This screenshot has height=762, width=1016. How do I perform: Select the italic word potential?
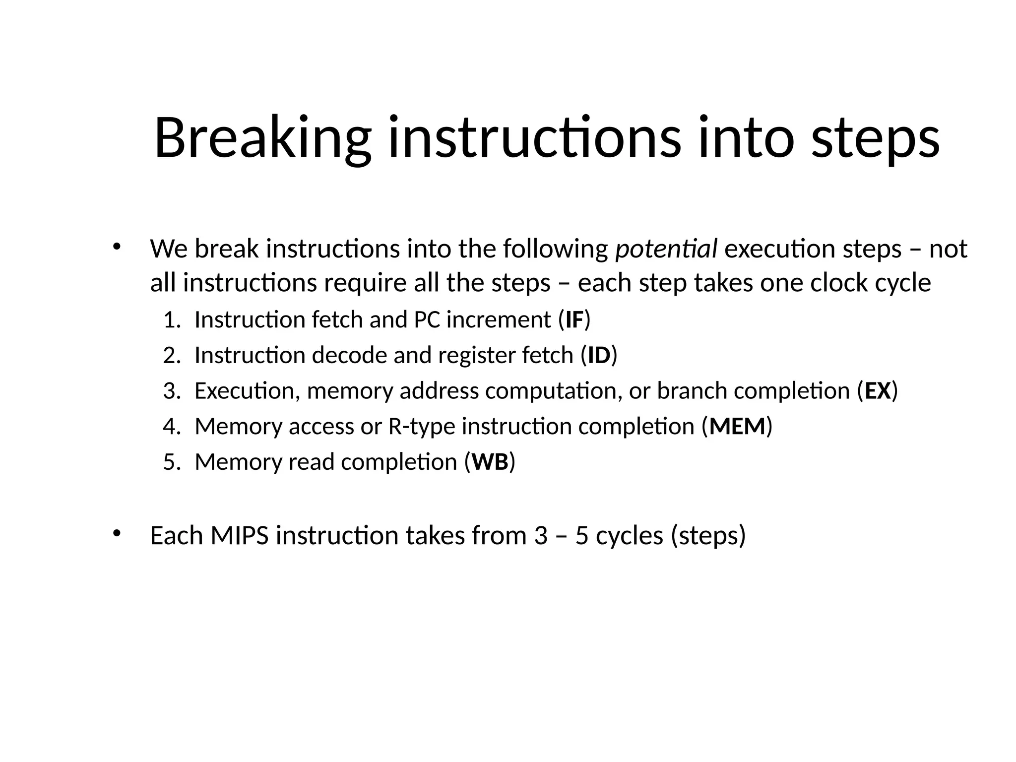666,249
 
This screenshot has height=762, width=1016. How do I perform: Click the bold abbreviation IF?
574,320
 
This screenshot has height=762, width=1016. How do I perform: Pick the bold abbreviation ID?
599,356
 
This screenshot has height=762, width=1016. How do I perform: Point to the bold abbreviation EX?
878,391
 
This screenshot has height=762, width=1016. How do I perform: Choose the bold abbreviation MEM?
737,427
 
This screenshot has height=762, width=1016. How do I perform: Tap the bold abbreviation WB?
490,462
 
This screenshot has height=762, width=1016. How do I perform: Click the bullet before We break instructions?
117,246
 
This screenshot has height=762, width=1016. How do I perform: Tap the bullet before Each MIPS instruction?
117,533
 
